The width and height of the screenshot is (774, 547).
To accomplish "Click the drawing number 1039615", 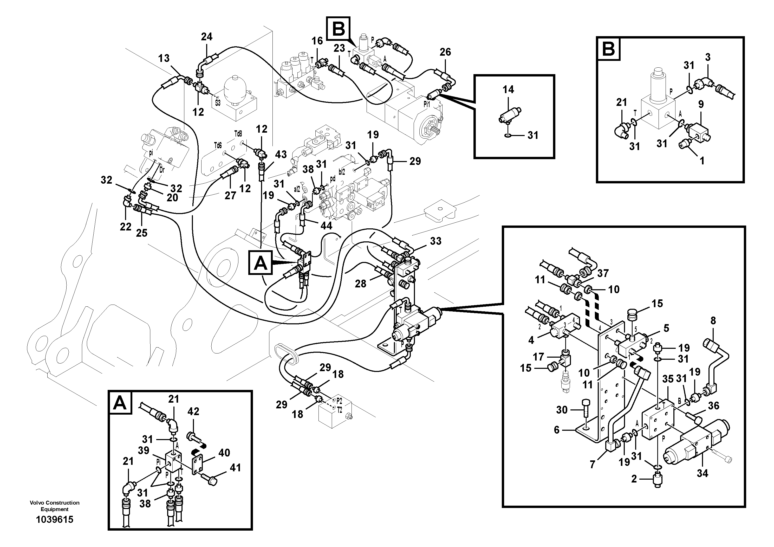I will click(55, 520).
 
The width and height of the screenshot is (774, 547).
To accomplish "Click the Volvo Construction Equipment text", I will click(55, 506).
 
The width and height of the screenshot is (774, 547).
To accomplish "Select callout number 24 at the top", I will click(207, 37).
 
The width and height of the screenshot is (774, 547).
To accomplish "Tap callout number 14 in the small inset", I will click(508, 89).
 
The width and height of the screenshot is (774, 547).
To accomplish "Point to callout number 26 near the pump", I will click(445, 52).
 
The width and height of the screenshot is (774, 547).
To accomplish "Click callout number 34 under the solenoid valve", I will click(702, 473).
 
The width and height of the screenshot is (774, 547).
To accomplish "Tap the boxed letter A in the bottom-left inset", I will click(120, 403).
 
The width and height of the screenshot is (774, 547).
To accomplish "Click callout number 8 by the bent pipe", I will click(713, 320).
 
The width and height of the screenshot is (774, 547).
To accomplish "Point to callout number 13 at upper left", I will click(164, 58).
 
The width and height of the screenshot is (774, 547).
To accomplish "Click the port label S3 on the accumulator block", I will click(218, 102).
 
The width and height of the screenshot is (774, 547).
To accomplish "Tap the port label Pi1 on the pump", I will click(426, 105).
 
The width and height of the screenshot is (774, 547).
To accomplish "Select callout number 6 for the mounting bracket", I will click(557, 430).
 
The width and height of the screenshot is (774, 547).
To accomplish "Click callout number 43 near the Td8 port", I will click(281, 155).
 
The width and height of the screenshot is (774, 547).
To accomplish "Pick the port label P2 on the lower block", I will click(339, 401).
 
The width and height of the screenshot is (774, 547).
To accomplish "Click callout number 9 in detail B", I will click(701, 104).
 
